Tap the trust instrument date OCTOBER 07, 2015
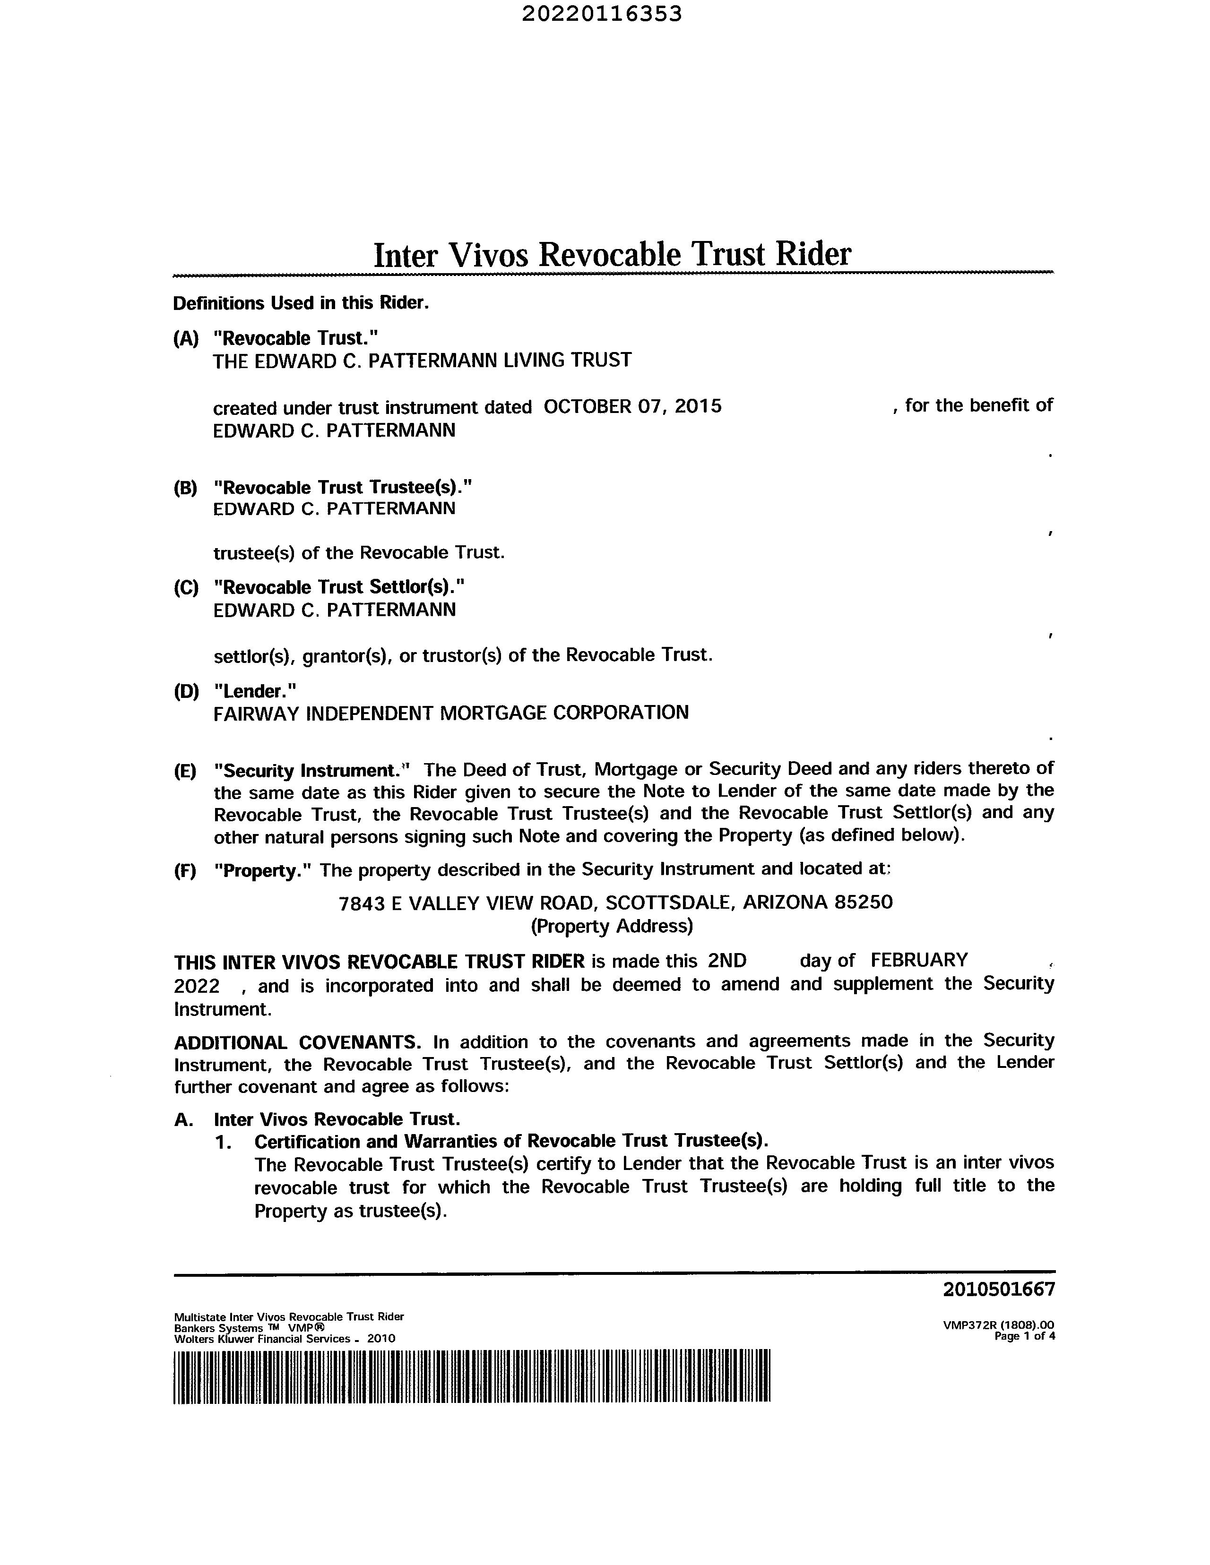[x=632, y=406]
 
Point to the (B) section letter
[x=185, y=488]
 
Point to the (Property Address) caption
[x=612, y=927]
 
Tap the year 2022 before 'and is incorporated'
[x=197, y=986]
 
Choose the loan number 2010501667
[x=999, y=1290]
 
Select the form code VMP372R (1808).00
[x=999, y=1325]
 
